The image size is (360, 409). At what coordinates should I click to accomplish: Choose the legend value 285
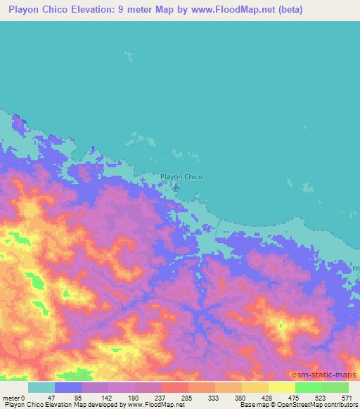click(x=186, y=397)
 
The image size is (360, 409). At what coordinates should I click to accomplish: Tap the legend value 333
click(x=214, y=397)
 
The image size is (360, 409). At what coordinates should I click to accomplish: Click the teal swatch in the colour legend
click(x=41, y=387)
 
